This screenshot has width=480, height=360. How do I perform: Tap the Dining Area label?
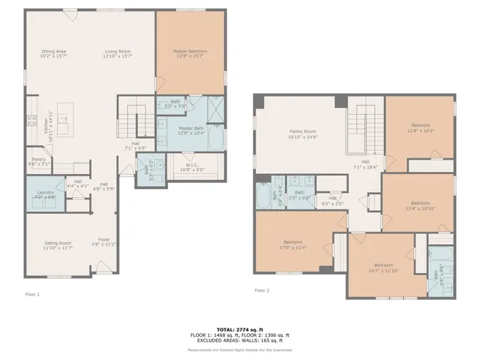click(x=54, y=51)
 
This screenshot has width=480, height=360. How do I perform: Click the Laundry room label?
click(x=45, y=193)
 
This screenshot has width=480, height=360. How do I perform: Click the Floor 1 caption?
click(x=32, y=294)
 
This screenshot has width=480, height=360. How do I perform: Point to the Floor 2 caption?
click(x=261, y=289)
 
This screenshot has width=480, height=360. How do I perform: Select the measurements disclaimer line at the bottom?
click(x=239, y=349)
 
